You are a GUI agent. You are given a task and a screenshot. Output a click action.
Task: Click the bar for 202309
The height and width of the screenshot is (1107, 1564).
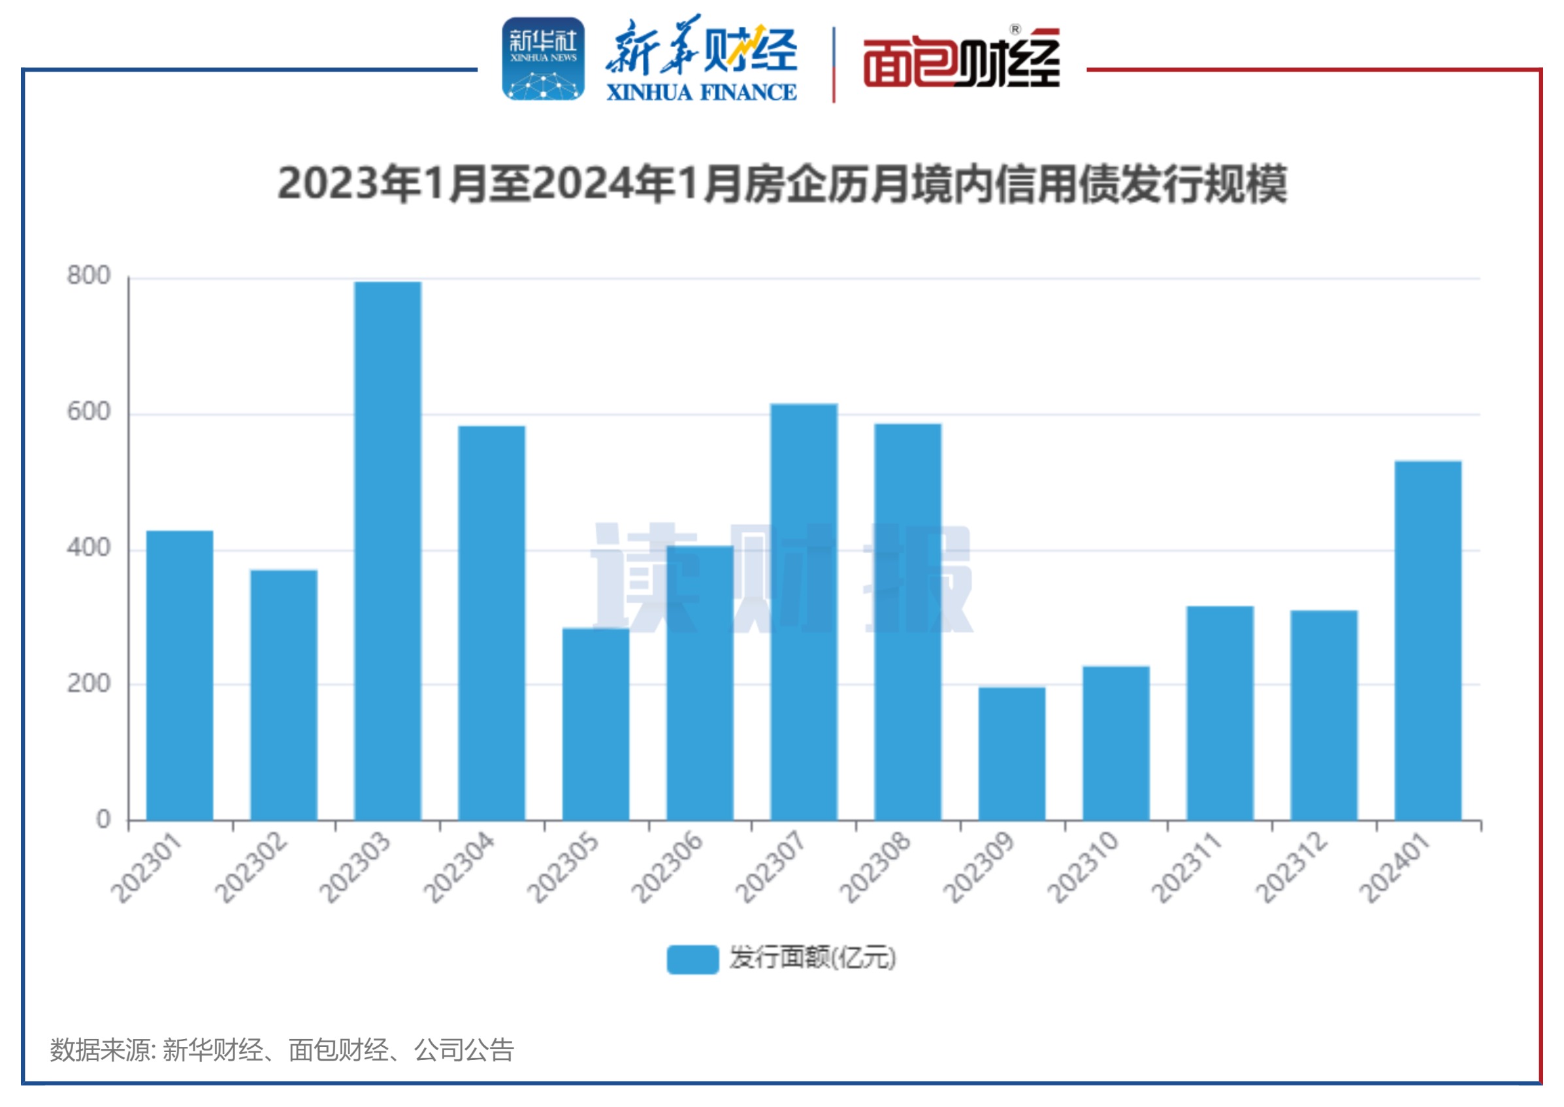click(1011, 753)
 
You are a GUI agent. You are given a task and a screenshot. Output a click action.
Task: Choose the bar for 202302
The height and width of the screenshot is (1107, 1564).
click(284, 694)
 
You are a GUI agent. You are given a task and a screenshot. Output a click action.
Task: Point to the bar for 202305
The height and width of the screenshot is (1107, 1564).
click(595, 724)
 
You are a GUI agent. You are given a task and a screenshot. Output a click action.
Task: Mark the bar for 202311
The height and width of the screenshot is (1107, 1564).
click(1219, 713)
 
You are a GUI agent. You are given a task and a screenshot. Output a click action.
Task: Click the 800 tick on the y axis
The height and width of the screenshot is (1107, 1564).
click(89, 276)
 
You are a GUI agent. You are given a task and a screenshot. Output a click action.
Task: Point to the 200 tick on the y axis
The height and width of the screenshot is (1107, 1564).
click(89, 684)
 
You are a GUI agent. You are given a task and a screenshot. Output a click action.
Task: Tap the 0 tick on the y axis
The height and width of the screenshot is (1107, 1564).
click(103, 819)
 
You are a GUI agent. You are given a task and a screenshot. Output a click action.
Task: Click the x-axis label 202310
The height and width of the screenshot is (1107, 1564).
click(1083, 868)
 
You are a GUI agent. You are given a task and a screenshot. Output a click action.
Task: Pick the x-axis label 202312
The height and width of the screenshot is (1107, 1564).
click(1292, 868)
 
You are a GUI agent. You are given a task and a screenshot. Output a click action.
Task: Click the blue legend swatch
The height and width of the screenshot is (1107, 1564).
click(692, 959)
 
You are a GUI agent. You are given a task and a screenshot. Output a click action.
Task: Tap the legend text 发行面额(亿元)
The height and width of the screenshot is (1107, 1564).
click(812, 959)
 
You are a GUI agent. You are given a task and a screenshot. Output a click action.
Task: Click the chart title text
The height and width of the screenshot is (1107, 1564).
click(782, 184)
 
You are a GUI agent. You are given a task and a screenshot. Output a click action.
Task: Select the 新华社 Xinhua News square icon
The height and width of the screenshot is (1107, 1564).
click(543, 60)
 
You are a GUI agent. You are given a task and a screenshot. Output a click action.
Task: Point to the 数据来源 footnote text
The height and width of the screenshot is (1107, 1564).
click(282, 1050)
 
